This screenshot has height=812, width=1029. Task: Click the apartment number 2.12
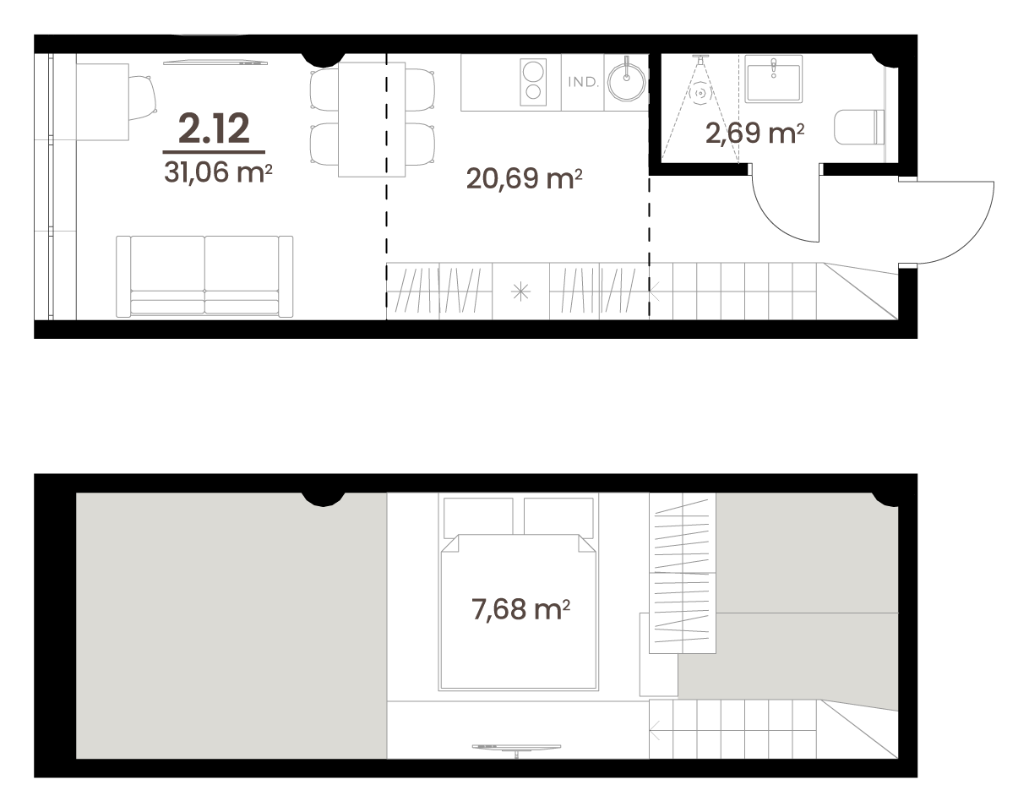coord(214,128)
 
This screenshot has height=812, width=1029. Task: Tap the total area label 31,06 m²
coord(218,172)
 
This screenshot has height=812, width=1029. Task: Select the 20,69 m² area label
coord(524,178)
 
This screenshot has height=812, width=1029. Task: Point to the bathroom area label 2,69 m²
coord(754,133)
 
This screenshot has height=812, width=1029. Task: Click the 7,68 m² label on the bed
coord(520,609)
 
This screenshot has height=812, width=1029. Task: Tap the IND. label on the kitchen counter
coord(584,82)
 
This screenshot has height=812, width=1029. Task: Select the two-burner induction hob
coord(533,82)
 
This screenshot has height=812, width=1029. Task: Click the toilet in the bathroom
coord(859,128)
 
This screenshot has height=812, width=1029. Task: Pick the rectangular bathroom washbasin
coord(774,79)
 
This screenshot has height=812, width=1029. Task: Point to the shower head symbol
coord(700,59)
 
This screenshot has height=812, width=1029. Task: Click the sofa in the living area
coord(204,276)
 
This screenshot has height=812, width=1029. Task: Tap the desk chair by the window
coord(143,97)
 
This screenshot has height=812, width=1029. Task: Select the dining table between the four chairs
coord(372,119)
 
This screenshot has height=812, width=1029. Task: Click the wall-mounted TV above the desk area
coord(215,63)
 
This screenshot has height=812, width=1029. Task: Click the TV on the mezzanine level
coord(516,748)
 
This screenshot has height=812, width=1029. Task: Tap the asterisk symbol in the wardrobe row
coord(520,292)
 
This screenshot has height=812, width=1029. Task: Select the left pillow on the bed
coord(478,518)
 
